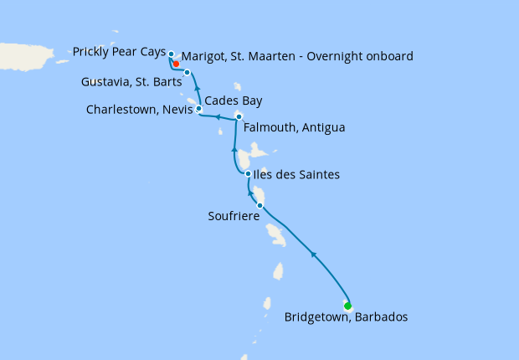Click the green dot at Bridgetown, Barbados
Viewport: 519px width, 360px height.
pos(347,306)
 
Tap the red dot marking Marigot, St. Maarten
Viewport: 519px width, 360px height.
pos(177,63)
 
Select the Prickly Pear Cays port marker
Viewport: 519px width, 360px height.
pos(171,54)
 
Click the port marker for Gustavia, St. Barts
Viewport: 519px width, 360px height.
pos(188,72)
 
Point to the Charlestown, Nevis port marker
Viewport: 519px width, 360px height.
pos(198,109)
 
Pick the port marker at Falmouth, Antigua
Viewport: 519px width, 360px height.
pos(239,116)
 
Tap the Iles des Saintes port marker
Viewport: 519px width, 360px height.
pos(248,174)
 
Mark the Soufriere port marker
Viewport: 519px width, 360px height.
pos(260,205)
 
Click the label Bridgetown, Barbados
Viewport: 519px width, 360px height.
pos(346,317)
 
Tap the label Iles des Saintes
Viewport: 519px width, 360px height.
pos(297,174)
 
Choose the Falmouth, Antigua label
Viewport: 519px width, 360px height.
pos(294,128)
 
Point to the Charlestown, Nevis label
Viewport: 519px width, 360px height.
pos(139,109)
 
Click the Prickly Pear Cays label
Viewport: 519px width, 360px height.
pos(119,52)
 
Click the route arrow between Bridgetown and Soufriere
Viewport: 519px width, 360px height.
pos(312,254)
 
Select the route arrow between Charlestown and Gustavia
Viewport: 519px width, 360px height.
pos(197,87)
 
